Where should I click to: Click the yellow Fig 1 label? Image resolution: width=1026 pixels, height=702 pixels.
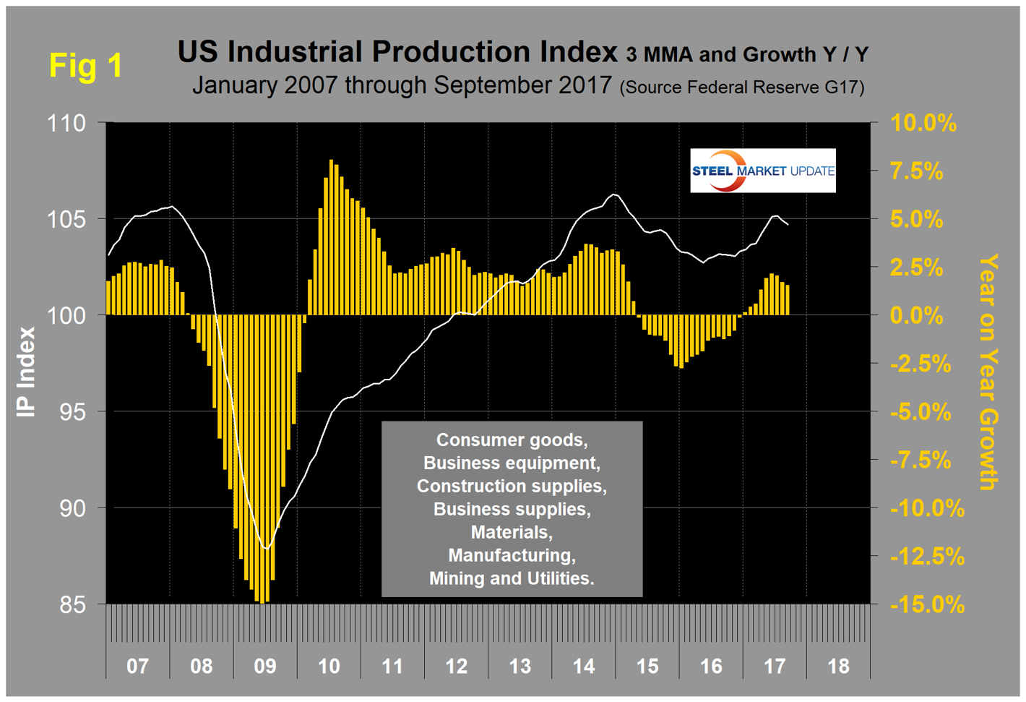click(x=86, y=66)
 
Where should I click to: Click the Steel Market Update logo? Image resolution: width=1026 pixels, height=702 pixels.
click(x=762, y=171)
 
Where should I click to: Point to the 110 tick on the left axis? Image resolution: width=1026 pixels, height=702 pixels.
click(x=66, y=123)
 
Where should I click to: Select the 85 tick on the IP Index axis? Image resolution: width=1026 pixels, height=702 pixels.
click(x=72, y=604)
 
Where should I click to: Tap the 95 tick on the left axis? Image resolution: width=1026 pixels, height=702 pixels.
click(x=72, y=412)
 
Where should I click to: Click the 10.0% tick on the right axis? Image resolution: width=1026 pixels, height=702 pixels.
click(x=923, y=123)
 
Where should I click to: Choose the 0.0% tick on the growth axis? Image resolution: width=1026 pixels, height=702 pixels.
click(x=917, y=316)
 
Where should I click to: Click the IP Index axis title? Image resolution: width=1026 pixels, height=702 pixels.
click(x=27, y=372)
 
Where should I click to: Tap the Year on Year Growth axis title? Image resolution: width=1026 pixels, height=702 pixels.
click(x=988, y=372)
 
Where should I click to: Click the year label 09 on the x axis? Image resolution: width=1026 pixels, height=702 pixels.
click(x=265, y=665)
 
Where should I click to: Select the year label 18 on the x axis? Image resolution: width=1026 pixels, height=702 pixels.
click(x=838, y=665)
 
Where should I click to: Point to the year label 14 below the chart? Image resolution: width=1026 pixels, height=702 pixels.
click(x=584, y=665)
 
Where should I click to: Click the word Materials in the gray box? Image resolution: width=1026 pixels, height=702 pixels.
click(x=511, y=532)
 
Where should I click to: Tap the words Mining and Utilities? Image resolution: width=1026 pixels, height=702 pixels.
click(x=512, y=578)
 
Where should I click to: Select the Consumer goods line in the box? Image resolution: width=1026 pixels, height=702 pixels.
click(x=512, y=440)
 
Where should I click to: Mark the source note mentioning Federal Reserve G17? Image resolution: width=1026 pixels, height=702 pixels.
click(x=742, y=87)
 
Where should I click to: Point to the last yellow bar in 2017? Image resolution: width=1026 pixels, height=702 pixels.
click(x=788, y=300)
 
